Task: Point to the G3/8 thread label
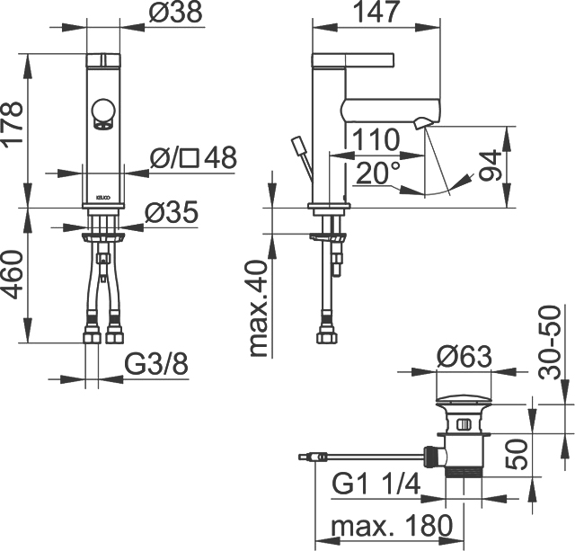pos(156,364)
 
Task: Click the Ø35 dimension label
pos(172,212)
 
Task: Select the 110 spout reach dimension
pos(376,139)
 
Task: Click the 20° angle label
pos(377,173)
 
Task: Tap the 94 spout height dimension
pos(491,165)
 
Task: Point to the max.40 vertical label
pos(261,308)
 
